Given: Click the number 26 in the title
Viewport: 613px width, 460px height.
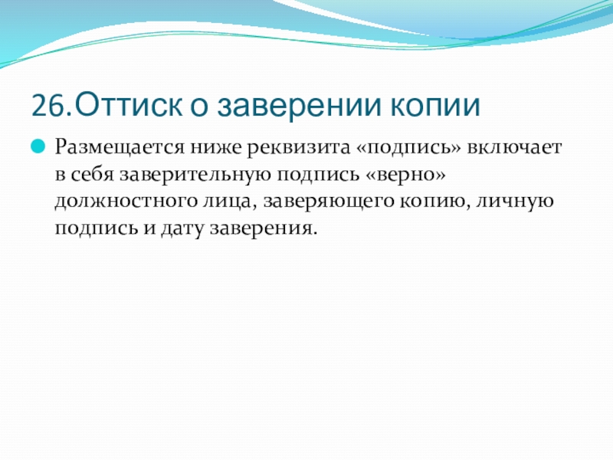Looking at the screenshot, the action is coord(48,105).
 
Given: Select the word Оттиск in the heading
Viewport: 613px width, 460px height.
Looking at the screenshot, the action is coord(128,104).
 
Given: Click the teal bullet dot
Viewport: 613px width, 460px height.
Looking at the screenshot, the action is coord(38,146).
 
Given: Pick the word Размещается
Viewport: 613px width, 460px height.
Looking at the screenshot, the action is coord(120,148).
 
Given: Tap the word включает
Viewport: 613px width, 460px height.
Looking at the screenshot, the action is coord(513,148).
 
